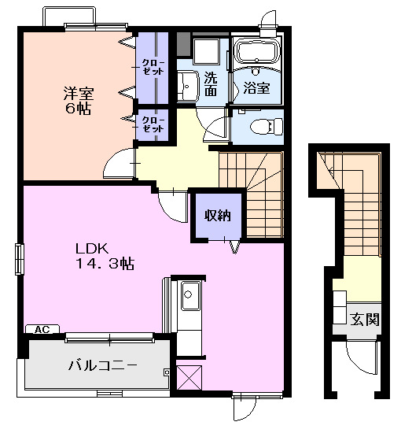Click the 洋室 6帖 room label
click(77, 100)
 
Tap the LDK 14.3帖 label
click(104, 254)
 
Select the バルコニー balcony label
click(102, 365)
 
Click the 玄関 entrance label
click(364, 320)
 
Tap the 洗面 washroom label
click(211, 83)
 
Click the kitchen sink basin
click(189, 298)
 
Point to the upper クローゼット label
click(153, 66)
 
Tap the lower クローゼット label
click(153, 124)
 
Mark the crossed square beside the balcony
click(189, 378)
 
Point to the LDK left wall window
click(20, 259)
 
